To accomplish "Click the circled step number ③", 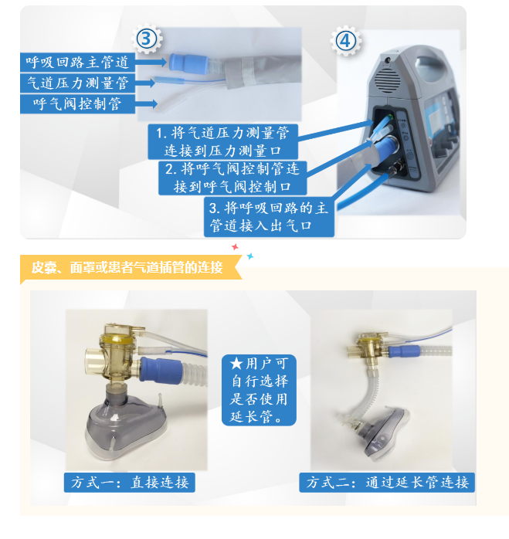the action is (x=147, y=39).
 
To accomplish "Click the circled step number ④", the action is (x=345, y=41).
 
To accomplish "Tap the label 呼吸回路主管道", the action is (x=77, y=63).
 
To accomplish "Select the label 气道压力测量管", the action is (x=77, y=83).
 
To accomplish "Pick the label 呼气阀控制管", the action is (x=77, y=103).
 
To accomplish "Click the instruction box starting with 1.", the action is (x=223, y=141).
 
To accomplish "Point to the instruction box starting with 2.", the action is (x=232, y=178).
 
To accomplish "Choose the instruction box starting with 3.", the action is (x=269, y=217).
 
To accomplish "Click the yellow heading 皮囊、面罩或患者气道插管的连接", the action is (x=127, y=267).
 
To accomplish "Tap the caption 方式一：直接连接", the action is (x=130, y=483).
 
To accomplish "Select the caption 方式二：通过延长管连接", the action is (x=387, y=483).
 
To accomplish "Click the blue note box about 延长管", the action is (x=259, y=390).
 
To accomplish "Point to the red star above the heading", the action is (x=235, y=247).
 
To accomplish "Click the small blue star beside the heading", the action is (x=250, y=256).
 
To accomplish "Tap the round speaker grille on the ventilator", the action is (x=388, y=80).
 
